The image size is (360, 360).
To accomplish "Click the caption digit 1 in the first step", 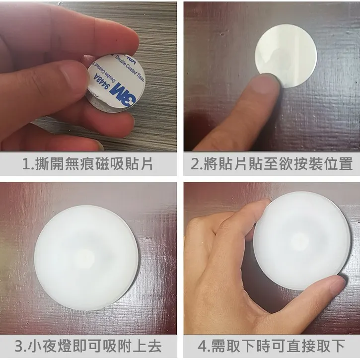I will tap(26, 164).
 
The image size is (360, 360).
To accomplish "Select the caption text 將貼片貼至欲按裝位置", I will tap(278, 164).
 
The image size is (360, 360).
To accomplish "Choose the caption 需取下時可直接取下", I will tap(278, 346).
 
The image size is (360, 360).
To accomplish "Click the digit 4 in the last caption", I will tap(203, 346).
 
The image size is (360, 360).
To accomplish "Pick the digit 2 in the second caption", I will tap(195, 164).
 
